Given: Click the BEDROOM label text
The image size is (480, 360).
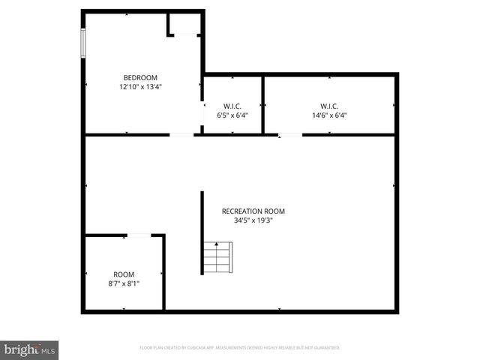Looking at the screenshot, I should (140, 78).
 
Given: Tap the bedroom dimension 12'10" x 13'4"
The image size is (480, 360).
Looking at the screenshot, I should (140, 87).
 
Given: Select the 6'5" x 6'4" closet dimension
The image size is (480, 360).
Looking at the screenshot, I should (232, 115).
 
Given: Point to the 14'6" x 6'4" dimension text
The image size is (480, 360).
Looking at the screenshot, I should (329, 115).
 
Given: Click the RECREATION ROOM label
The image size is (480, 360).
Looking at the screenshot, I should (253, 211).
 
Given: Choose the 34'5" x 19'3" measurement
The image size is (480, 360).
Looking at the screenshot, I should (253, 220).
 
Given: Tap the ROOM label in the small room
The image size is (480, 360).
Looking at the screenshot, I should (124, 274).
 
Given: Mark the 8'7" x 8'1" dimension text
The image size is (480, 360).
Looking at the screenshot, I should (124, 283).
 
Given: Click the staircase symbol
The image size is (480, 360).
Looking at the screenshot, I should (217, 257).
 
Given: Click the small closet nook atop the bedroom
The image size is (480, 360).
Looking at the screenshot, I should (184, 24).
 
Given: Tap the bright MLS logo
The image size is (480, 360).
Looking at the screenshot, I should (29, 349).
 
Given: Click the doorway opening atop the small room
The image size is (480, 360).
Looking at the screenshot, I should (139, 235).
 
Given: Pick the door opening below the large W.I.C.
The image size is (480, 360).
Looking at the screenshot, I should (290, 135).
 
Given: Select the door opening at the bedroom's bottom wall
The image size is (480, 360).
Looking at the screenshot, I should (181, 135).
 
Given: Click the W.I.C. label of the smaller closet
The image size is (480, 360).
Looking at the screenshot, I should (232, 106).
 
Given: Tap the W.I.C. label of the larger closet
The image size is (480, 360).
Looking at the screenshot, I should (329, 106).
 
